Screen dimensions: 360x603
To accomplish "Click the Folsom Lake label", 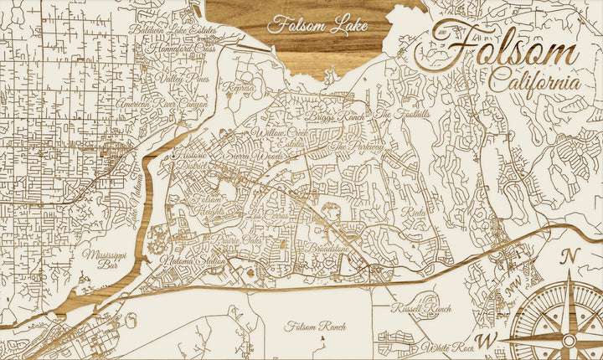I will tap(317, 25).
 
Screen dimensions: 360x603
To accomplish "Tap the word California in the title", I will tap(533, 83).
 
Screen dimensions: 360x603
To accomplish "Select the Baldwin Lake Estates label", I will tap(173, 31).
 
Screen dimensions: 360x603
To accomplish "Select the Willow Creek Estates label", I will tap(282, 138).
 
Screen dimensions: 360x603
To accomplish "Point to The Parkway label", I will tap(358, 147).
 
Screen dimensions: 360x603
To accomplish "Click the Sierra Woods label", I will tap(249, 156).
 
